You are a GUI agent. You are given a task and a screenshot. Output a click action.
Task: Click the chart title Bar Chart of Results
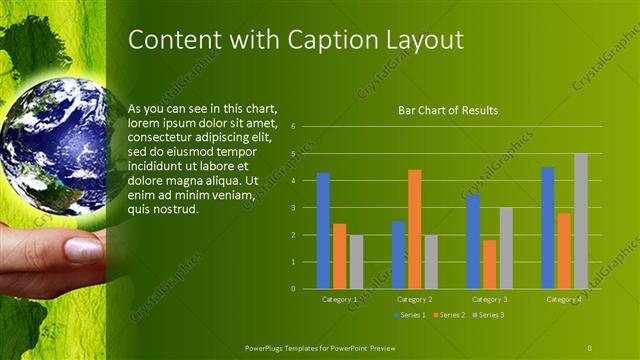click(448, 110)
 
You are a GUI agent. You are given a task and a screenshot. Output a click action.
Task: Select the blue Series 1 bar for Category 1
click(323, 230)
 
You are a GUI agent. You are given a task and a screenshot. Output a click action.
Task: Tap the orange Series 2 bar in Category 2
click(414, 228)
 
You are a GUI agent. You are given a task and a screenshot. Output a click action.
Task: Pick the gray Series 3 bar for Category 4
click(580, 221)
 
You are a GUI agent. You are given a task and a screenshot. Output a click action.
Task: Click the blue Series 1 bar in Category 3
click(473, 241)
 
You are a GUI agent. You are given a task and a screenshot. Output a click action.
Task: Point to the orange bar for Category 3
click(489, 264)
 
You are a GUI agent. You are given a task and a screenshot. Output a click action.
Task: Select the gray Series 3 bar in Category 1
click(356, 261)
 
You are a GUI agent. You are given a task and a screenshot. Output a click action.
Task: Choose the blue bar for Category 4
click(547, 228)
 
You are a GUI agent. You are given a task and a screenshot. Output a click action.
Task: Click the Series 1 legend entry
click(409, 315)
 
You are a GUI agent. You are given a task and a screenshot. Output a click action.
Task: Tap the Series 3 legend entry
click(486, 315)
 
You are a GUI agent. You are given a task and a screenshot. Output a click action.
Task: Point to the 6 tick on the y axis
click(293, 127)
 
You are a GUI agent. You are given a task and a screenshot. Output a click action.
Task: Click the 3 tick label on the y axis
click(293, 208)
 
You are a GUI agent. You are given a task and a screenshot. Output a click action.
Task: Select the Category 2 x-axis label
click(414, 299)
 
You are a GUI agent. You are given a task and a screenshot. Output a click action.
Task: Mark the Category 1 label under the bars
click(339, 299)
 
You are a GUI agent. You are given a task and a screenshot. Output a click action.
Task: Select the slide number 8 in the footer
click(589, 346)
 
